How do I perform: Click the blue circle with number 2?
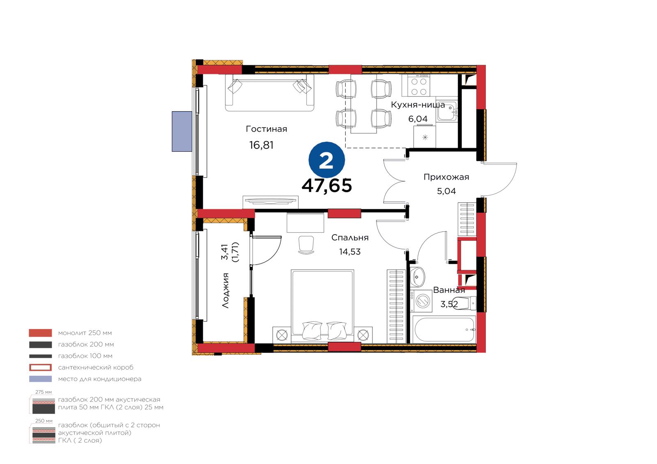[x=326, y=160]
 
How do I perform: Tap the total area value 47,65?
[x=327, y=185]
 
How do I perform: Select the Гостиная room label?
[x=266, y=129]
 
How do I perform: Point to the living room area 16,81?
[x=261, y=145]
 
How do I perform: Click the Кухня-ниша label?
[x=418, y=105]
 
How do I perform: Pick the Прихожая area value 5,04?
[x=446, y=191]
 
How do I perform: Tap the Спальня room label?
[x=350, y=238]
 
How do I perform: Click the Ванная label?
[x=449, y=290]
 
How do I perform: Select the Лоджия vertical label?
[x=225, y=290]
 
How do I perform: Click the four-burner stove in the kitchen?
[x=416, y=85]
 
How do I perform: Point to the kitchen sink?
[x=447, y=111]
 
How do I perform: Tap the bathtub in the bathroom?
[x=444, y=329]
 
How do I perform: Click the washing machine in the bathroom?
[x=421, y=301]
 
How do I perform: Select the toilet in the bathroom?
[x=465, y=303]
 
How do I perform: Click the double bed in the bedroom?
[x=322, y=306]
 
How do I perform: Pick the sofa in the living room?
[x=269, y=93]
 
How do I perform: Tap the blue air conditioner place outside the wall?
[x=182, y=131]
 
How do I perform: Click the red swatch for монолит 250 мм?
[x=41, y=333]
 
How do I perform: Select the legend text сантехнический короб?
[x=96, y=367]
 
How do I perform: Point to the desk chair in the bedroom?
[x=306, y=245]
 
